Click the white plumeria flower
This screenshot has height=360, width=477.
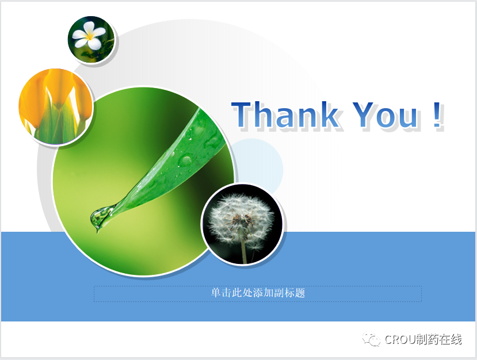coord(89,35)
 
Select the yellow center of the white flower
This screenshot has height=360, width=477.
coord(89,36)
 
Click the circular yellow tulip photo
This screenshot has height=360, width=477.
coord(56,106)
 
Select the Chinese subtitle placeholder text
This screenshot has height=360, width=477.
coord(258,293)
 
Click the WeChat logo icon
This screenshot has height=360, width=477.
coord(371,339)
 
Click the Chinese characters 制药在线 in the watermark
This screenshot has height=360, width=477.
coord(438,339)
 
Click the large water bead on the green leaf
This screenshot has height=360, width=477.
coord(185,160)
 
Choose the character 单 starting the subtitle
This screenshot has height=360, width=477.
coord(216,293)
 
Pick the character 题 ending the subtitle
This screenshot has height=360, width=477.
coord(300,293)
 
